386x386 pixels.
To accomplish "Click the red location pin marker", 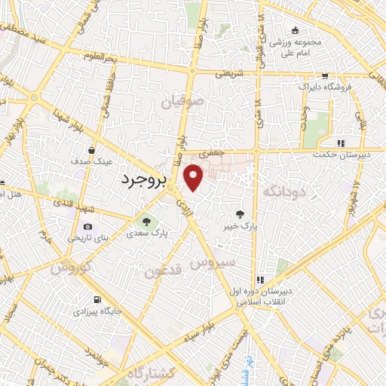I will click(195, 178).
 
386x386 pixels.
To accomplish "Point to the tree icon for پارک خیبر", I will click(240, 213).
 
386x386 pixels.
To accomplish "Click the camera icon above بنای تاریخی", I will click(88, 227).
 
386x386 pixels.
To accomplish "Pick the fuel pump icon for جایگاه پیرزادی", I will click(96, 298).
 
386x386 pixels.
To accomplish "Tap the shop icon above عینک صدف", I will click(91, 149).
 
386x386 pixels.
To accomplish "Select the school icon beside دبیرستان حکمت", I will click(341, 142).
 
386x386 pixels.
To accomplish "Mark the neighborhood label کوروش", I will click(71, 267).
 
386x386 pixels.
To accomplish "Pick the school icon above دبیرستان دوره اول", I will click(260, 280).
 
